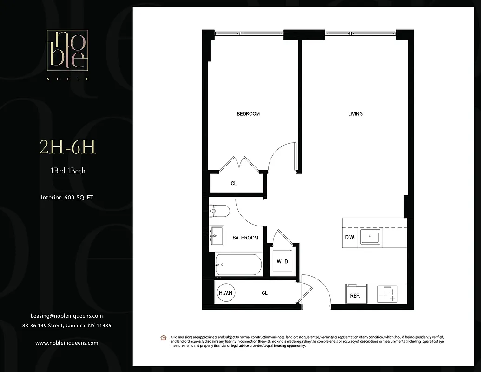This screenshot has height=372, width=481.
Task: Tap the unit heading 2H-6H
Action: click(x=68, y=148)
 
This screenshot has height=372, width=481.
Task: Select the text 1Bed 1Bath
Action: click(x=68, y=171)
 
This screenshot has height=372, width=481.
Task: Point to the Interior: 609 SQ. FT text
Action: click(x=67, y=198)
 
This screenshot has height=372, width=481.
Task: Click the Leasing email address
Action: click(x=66, y=316)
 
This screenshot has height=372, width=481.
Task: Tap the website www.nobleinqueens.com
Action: click(x=66, y=343)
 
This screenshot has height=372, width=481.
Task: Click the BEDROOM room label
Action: click(x=248, y=114)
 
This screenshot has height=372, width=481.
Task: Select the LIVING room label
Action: click(x=356, y=114)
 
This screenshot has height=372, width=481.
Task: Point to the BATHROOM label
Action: click(x=245, y=238)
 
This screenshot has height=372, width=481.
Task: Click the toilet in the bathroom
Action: click(x=219, y=212)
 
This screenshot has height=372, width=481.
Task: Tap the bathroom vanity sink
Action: click(x=216, y=236)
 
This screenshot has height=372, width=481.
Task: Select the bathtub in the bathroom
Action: click(x=238, y=265)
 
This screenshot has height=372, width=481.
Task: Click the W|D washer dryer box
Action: click(x=283, y=262)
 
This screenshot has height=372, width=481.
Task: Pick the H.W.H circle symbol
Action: click(x=226, y=293)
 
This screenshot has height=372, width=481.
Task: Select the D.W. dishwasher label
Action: click(x=350, y=237)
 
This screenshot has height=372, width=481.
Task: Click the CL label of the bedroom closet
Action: click(x=234, y=183)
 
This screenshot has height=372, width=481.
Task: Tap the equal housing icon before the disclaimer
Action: click(x=163, y=337)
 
